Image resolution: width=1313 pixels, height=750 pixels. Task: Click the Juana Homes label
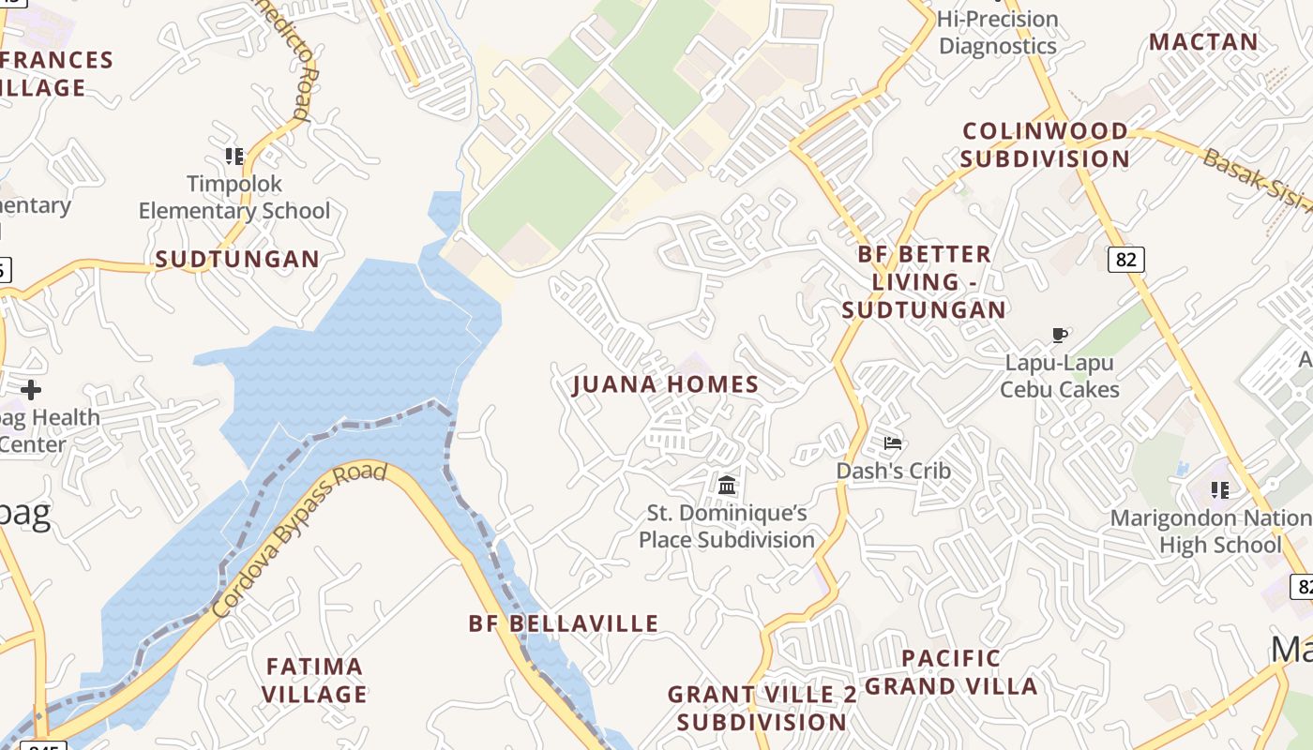[666, 384]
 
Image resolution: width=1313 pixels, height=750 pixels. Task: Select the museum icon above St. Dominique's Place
[727, 485]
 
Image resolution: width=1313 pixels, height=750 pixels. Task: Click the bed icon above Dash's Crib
[893, 442]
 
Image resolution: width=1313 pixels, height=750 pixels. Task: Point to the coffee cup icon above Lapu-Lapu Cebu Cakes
[1060, 335]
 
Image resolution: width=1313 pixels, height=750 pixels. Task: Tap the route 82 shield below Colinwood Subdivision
[1125, 259]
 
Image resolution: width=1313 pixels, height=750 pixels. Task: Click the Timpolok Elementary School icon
[234, 156]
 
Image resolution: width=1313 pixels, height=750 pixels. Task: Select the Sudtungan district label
[237, 260]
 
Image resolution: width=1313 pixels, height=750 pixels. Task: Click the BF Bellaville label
[564, 623]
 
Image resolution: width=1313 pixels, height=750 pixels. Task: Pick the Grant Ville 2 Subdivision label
[762, 708]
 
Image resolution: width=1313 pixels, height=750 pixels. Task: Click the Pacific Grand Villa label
[951, 672]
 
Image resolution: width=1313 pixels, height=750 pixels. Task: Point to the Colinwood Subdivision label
[1045, 144]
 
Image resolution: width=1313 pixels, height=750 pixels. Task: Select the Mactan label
[1203, 42]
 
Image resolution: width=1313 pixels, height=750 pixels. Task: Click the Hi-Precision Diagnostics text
[998, 32]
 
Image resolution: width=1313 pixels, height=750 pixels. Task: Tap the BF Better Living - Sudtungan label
[924, 281]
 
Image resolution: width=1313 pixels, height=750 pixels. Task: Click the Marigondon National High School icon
[1219, 489]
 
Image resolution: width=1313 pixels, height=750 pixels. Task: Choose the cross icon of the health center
[31, 389]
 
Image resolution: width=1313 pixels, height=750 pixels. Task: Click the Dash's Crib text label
[893, 471]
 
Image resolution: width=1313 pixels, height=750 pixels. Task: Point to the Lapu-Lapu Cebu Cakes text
[1060, 375]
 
